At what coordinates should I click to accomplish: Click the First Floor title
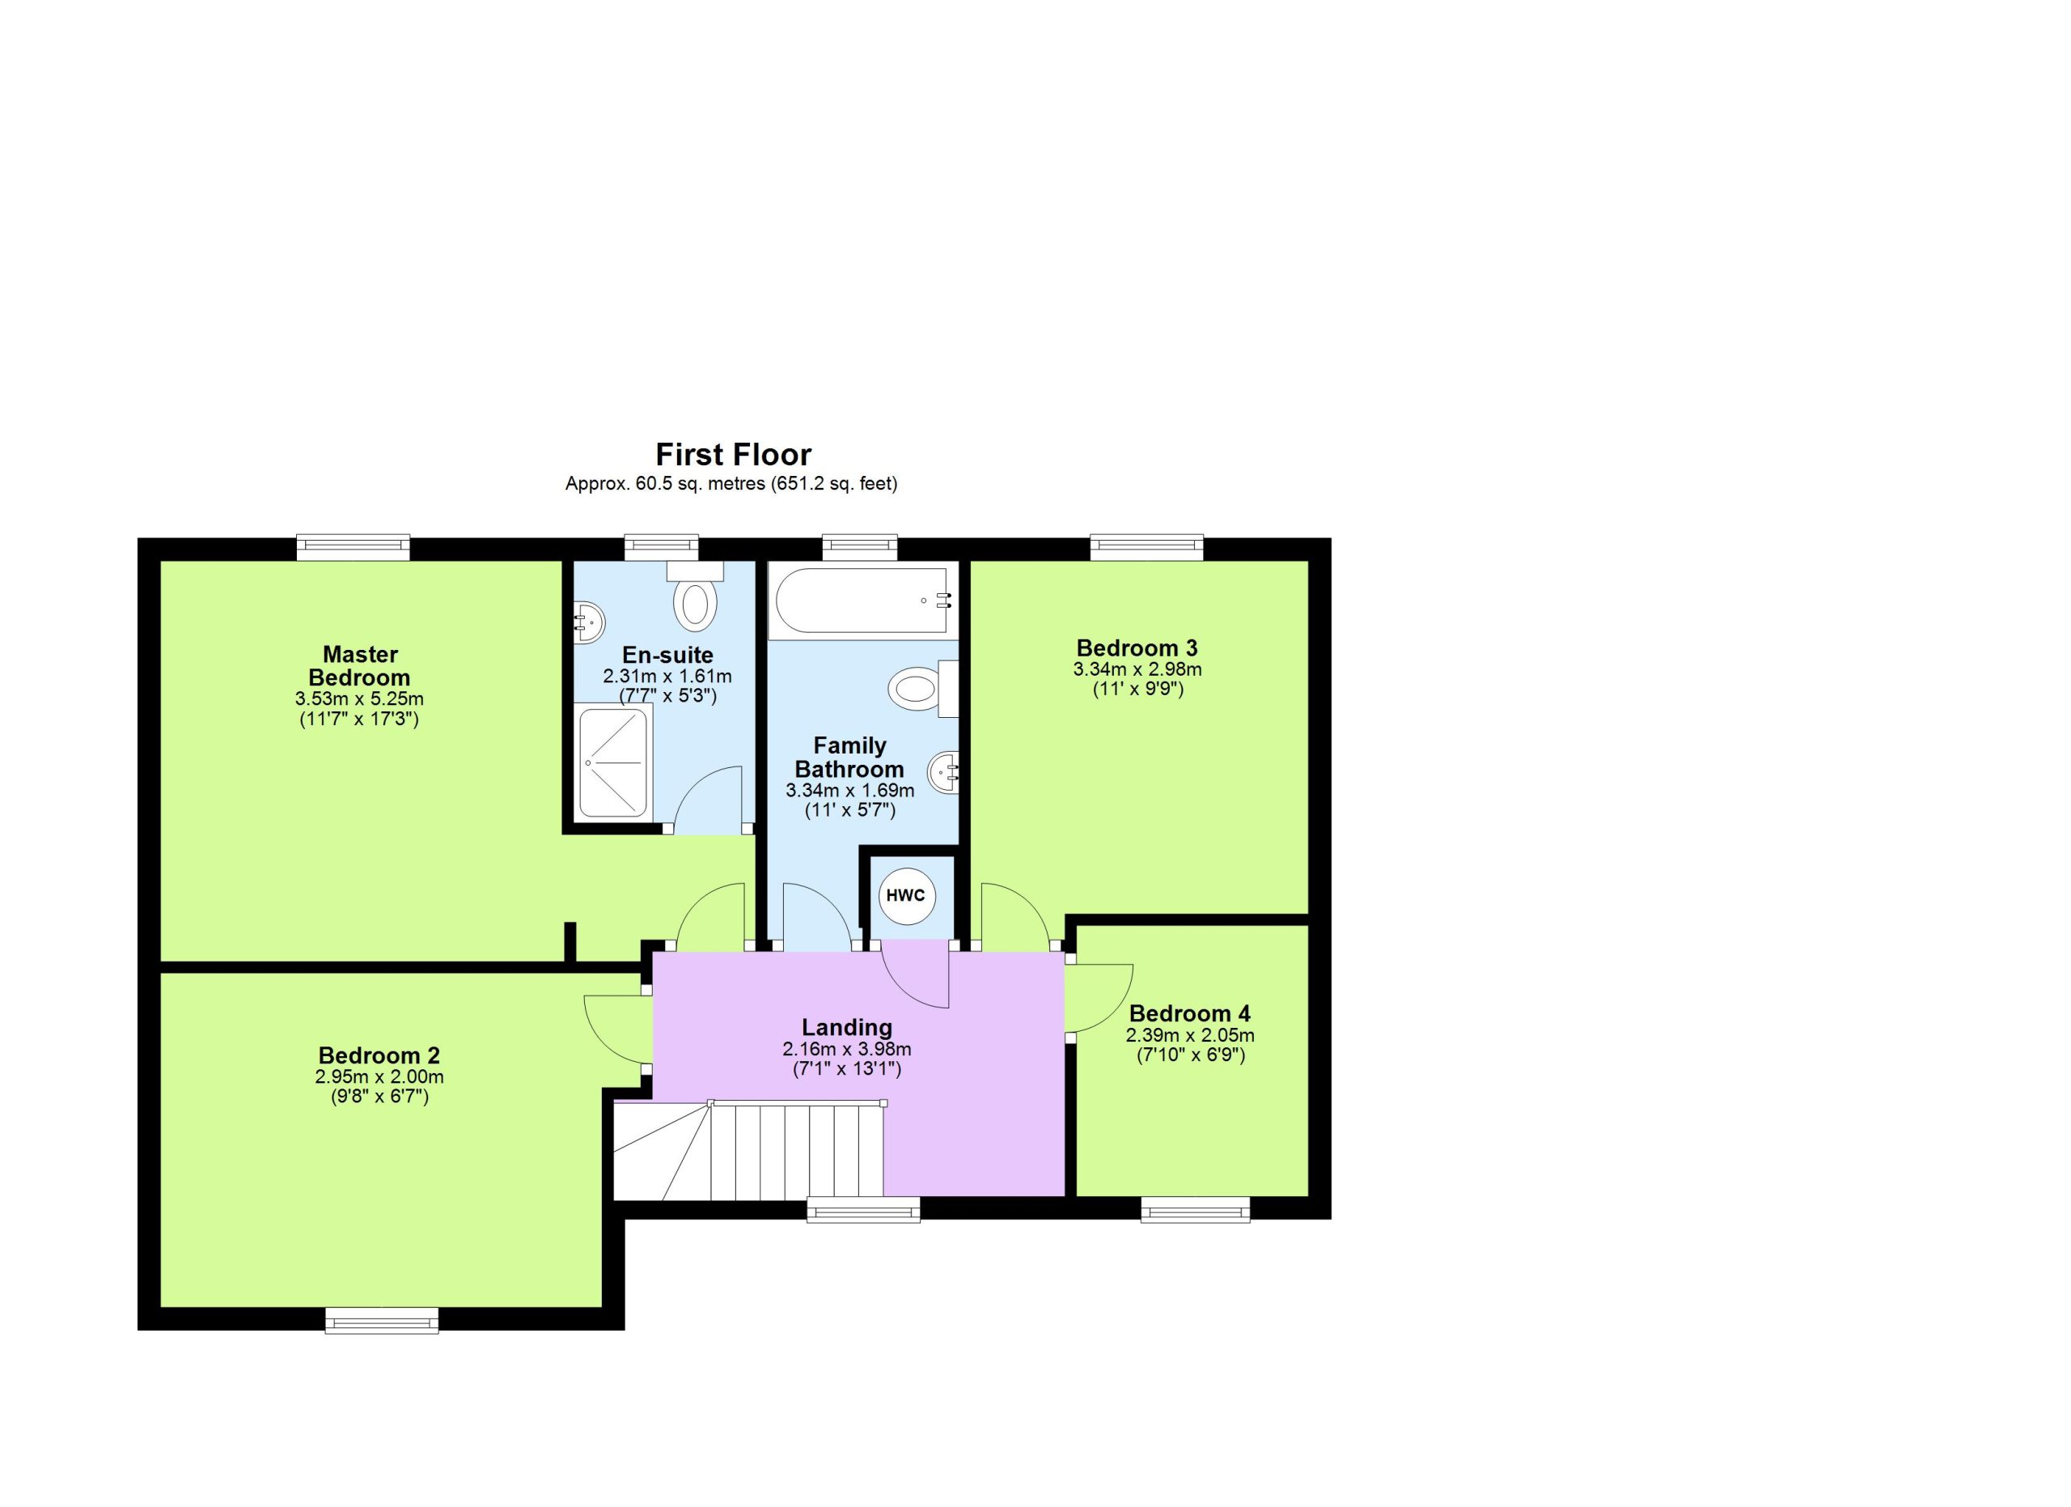(733, 454)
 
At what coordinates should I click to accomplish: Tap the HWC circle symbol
(905, 895)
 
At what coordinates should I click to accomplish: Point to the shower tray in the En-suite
(614, 762)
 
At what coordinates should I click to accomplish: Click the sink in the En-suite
(590, 623)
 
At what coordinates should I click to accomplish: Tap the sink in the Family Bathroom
(944, 773)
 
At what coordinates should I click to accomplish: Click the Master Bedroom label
(359, 666)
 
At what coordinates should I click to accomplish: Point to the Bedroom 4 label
(1190, 1014)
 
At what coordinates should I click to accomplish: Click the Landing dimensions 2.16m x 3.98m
(846, 1050)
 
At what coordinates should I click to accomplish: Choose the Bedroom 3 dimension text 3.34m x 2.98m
(1137, 669)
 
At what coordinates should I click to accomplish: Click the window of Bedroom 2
(383, 1320)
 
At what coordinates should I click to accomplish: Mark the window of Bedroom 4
(1196, 1209)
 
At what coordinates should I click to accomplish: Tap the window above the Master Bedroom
(354, 548)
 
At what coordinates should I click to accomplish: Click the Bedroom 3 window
(1147, 548)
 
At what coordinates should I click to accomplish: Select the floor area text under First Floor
(731, 484)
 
